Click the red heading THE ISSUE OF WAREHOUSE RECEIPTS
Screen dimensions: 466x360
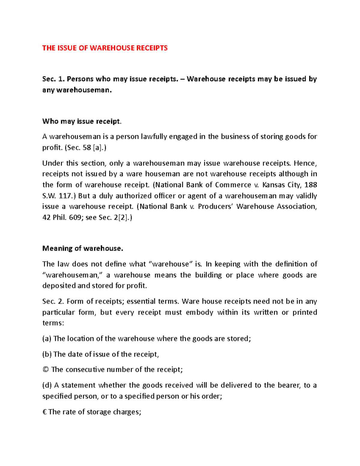[105, 48]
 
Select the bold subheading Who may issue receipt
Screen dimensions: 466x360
[82, 121]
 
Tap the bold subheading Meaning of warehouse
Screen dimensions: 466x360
[83, 248]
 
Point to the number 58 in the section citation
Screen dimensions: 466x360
[87, 148]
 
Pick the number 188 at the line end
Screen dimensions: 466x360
[310, 185]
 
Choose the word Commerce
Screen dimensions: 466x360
[233, 185]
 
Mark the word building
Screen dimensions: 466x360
[208, 275]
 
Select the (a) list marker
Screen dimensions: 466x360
[47, 339]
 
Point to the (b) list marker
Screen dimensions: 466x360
[47, 354]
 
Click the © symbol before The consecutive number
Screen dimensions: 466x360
[46, 370]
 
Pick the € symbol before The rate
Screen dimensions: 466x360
[45, 412]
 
